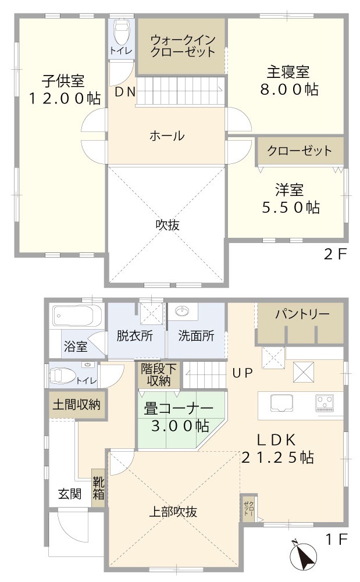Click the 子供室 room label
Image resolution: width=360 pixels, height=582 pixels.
click(x=63, y=80)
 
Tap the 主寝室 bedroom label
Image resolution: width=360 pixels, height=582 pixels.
click(x=288, y=73)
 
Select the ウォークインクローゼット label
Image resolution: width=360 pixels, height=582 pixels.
click(x=183, y=45)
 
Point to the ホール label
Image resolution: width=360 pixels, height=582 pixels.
click(x=167, y=136)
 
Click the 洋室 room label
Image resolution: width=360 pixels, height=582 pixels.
click(x=289, y=190)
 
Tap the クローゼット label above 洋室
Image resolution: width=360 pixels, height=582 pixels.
click(x=300, y=151)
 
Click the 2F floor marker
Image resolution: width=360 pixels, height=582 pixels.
click(x=335, y=254)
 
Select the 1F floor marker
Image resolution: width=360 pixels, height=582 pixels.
click(x=336, y=540)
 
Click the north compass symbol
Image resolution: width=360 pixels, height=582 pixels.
click(x=302, y=555)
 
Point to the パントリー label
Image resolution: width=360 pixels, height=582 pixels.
click(x=302, y=314)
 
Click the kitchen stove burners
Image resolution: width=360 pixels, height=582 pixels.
click(x=325, y=402)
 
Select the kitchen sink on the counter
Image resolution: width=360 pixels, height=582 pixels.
click(x=282, y=402)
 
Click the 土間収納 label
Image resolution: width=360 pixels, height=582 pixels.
click(x=76, y=404)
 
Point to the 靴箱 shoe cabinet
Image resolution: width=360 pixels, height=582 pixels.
click(x=98, y=488)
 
